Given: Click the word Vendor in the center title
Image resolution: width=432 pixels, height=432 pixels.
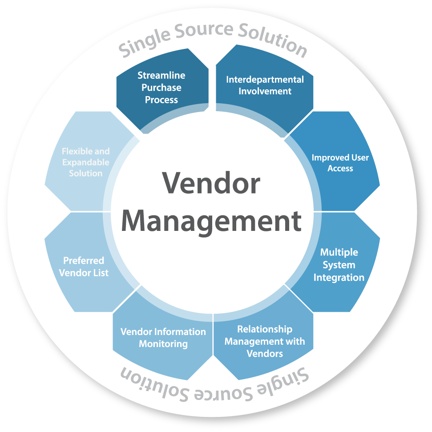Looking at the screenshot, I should (211, 183).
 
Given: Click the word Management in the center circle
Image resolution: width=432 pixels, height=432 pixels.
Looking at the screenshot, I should (211, 221).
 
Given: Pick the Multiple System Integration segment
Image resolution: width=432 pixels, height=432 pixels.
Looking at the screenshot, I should (339, 265).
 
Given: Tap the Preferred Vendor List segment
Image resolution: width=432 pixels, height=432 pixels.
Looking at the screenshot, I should (84, 266).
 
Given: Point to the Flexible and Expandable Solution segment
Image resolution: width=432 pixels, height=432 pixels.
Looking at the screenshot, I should (85, 162).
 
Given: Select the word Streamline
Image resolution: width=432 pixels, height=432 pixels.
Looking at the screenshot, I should (161, 75).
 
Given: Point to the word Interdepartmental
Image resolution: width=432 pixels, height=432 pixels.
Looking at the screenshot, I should (265, 80).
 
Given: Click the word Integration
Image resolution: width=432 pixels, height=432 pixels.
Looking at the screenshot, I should (339, 278).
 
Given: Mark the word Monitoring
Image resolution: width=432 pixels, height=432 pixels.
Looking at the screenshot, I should (163, 344).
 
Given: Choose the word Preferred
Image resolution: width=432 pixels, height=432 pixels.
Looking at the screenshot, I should (84, 261).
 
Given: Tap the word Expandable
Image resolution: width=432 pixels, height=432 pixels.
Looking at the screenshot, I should (85, 162).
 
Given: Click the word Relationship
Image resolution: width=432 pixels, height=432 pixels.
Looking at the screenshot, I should (265, 329).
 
